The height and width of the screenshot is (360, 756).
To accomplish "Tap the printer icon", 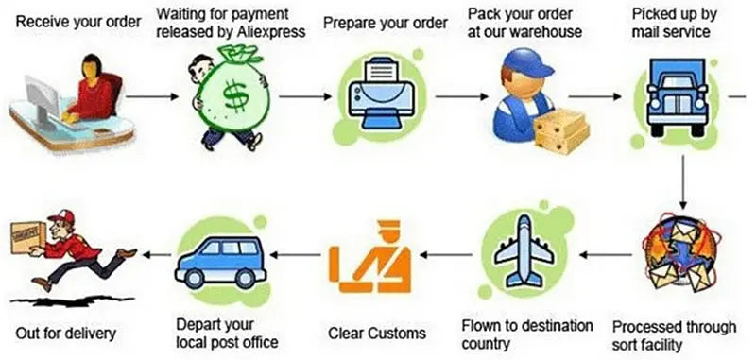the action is (382, 96).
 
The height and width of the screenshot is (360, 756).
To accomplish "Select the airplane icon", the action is (524, 251).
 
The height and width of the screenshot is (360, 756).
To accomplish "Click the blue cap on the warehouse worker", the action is (527, 63).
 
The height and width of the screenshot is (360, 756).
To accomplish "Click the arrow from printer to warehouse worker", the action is (461, 97).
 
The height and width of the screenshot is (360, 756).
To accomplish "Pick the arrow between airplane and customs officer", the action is (445, 254).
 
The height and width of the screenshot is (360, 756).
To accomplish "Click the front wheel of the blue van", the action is (195, 278).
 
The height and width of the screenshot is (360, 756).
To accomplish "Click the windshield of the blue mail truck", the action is (677, 82).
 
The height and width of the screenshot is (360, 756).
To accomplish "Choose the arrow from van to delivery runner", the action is (157, 254).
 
